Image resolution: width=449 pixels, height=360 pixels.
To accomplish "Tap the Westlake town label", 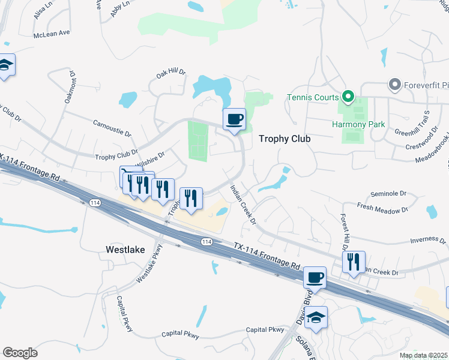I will [x=125, y=249].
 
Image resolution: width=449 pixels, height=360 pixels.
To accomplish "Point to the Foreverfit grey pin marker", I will [x=394, y=85].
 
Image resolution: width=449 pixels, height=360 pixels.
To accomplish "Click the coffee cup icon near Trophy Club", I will [x=234, y=118].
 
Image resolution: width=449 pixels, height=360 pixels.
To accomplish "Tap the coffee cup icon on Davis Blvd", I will [x=315, y=277].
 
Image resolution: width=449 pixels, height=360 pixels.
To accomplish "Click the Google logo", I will [x=20, y=352].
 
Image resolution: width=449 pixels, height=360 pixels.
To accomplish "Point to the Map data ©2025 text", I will [x=423, y=355].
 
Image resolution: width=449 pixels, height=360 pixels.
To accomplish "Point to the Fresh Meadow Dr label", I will [x=382, y=209].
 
